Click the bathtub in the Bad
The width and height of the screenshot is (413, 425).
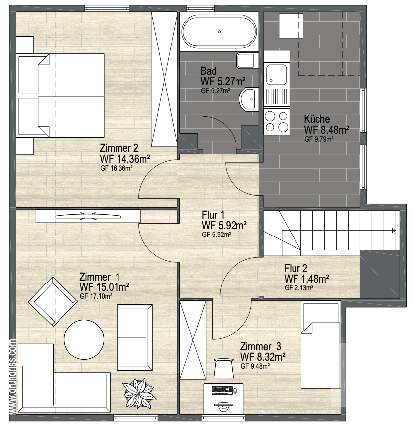click(x=219, y=32)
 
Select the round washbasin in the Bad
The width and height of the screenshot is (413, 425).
click(x=249, y=99)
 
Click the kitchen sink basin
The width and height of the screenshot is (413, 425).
click(x=276, y=75)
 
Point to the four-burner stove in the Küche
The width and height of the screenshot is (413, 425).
click(x=277, y=122)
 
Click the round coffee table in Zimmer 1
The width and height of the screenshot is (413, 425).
click(x=84, y=339)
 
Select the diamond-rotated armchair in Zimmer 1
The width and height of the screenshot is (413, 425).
click(x=53, y=301)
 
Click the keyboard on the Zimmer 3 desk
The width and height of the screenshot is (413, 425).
click(x=222, y=390)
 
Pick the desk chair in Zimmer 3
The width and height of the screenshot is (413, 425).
click(x=224, y=368)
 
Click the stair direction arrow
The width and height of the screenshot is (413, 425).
click(x=394, y=231)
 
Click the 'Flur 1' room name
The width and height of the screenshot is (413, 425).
click(x=213, y=215)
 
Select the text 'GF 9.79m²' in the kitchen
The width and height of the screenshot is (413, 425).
click(x=319, y=139)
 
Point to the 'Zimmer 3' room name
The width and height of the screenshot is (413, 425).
click(x=261, y=346)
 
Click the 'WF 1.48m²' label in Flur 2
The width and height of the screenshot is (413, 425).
click(x=307, y=279)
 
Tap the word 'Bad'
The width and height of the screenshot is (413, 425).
click(x=209, y=71)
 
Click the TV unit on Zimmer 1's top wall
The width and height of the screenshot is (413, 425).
click(x=88, y=216)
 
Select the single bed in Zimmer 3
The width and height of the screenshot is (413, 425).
click(x=321, y=345)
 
